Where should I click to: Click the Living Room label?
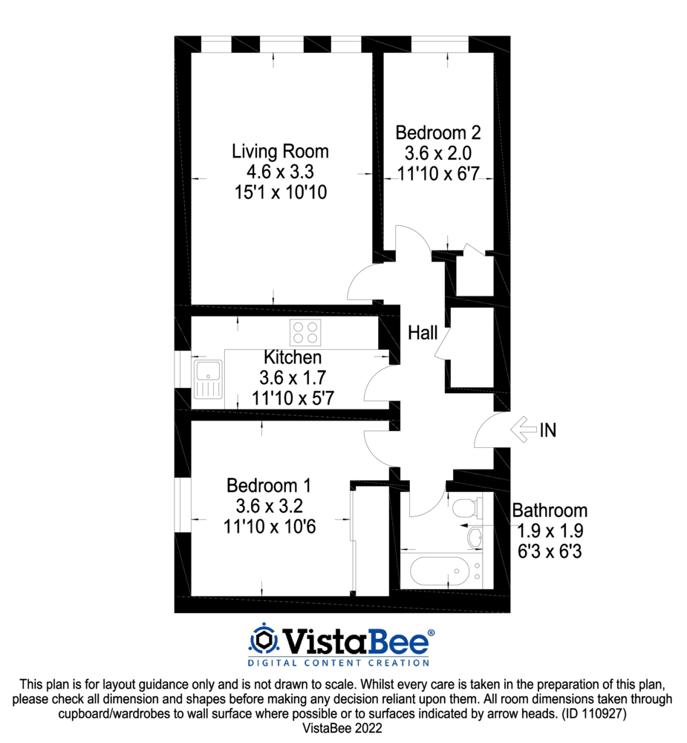[280, 152]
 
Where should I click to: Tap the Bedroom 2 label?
[438, 133]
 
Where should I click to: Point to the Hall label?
[423, 334]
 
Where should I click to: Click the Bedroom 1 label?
[268, 486]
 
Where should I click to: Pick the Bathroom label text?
[550, 511]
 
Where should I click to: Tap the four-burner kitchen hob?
[305, 331]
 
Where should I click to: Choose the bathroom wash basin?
[475, 536]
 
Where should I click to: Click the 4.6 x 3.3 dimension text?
[280, 172]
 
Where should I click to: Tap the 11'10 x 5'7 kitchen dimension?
[293, 398]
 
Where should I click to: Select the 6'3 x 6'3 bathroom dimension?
[550, 552]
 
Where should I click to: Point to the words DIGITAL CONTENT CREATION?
[338, 662]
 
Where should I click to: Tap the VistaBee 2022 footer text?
[343, 730]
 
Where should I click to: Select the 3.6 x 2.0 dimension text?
[438, 155]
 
